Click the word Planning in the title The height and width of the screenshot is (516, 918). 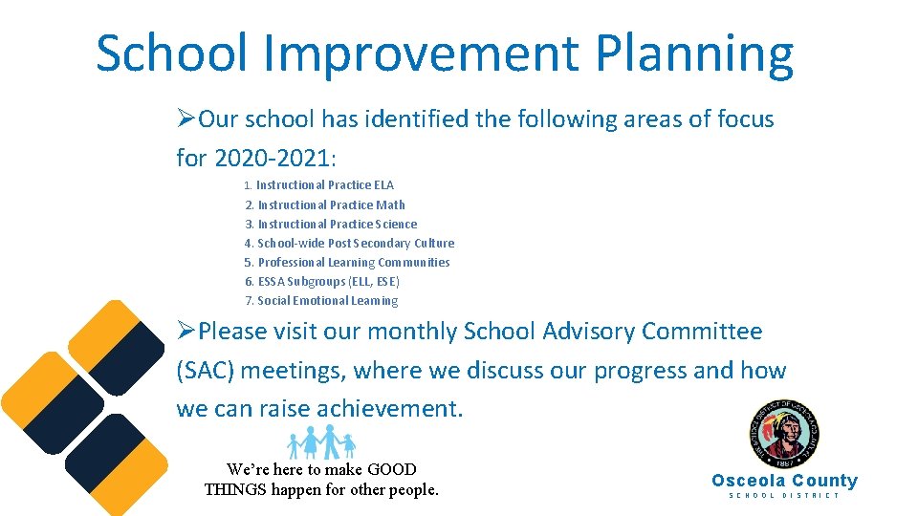point(694,54)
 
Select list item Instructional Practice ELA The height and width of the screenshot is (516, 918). point(324,185)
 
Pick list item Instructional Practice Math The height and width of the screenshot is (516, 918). point(331,204)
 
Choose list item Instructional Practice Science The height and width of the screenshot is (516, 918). point(337,224)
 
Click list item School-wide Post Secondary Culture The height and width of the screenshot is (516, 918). point(355,243)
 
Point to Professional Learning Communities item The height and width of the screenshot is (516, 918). point(353,262)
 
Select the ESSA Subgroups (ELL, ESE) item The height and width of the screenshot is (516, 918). point(328,281)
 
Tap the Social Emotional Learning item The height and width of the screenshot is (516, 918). point(327,300)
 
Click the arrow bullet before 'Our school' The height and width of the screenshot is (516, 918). point(186,119)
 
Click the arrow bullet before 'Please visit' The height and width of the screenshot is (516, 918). point(186,332)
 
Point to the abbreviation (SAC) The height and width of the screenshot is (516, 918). point(207,371)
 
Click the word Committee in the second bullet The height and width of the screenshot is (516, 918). point(702,332)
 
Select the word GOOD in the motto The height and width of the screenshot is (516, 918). point(392,469)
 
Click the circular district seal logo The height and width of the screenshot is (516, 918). point(784,436)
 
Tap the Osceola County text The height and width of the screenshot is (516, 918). point(784,481)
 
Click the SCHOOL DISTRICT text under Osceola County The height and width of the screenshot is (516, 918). point(784,495)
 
